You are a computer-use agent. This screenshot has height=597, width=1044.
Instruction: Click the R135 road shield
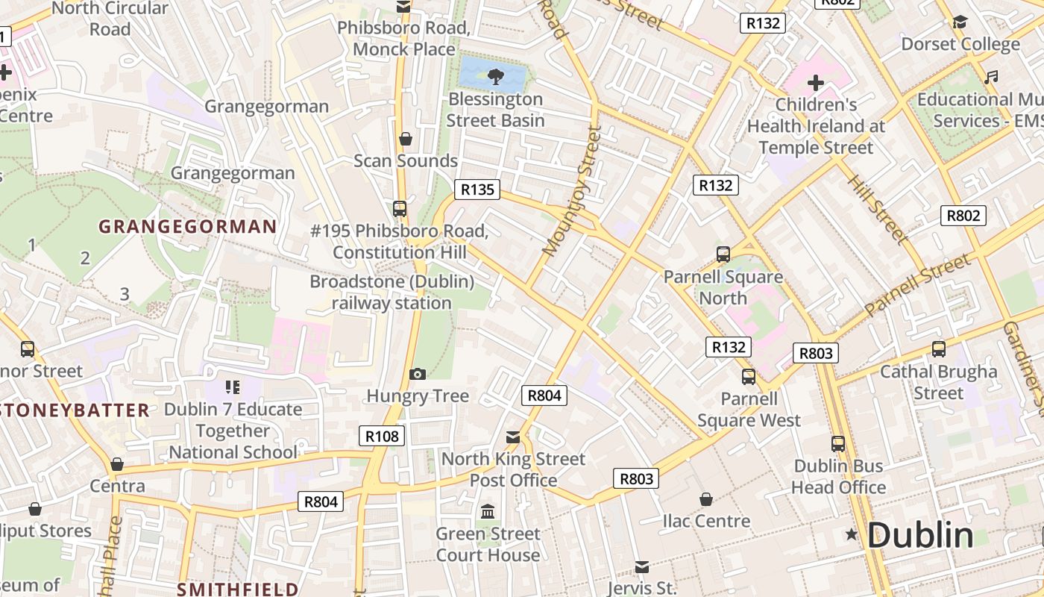pyautogui.click(x=477, y=190)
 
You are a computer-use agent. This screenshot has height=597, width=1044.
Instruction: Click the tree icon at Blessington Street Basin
pyautogui.click(x=494, y=75)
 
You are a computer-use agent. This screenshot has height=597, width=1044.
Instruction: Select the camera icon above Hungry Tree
pyautogui.click(x=418, y=374)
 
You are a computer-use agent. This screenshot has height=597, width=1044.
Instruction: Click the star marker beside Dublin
pyautogui.click(x=851, y=534)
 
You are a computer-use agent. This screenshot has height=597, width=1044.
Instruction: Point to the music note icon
pyautogui.click(x=991, y=77)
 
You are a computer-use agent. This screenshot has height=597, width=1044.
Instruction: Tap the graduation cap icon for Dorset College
pyautogui.click(x=960, y=22)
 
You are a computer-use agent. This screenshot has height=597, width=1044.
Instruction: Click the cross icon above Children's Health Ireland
pyautogui.click(x=816, y=82)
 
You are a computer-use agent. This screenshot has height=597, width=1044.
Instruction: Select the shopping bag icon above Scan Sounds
pyautogui.click(x=406, y=139)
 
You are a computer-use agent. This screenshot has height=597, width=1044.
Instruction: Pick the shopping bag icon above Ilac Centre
pyautogui.click(x=706, y=499)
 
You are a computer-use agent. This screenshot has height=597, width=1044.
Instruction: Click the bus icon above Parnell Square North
pyautogui.click(x=723, y=254)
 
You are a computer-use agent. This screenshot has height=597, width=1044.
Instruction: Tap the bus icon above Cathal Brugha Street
pyautogui.click(x=939, y=348)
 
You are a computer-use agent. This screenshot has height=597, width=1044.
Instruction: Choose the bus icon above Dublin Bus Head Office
pyautogui.click(x=838, y=444)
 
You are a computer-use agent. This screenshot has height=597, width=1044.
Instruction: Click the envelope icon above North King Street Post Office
pyautogui.click(x=513, y=437)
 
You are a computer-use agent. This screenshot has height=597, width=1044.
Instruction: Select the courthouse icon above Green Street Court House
pyautogui.click(x=488, y=512)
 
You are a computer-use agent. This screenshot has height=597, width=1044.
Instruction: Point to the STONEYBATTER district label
pyautogui.click(x=75, y=410)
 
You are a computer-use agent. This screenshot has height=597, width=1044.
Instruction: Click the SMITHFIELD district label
pyautogui.click(x=237, y=590)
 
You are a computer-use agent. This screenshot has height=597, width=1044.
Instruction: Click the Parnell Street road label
pyautogui.click(x=919, y=284)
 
